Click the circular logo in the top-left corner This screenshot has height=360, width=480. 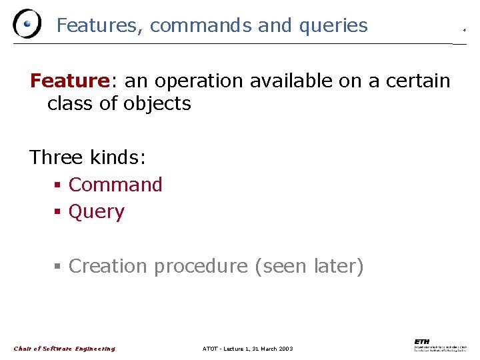[x=27, y=25]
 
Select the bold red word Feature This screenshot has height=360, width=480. [x=69, y=81]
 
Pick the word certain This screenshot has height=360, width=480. [x=417, y=81]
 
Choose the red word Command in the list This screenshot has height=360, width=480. [x=115, y=185]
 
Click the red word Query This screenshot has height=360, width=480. [x=97, y=212]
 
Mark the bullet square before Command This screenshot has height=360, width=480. [x=58, y=185]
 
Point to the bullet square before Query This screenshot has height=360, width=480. [x=58, y=213]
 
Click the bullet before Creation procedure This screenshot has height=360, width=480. [x=58, y=267]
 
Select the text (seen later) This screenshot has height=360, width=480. [x=309, y=266]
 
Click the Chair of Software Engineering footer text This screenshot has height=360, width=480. [x=65, y=349]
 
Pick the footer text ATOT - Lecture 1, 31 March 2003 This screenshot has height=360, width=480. [x=247, y=349]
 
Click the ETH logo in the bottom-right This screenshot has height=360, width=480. [x=441, y=345]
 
